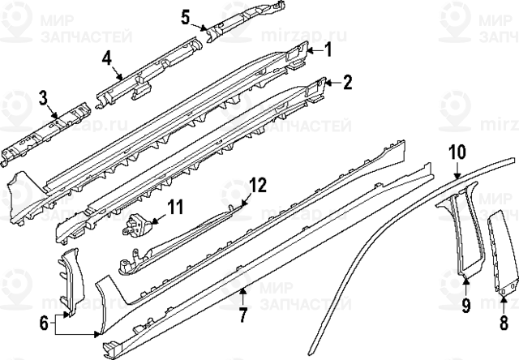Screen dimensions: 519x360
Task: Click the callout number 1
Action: pos(329,50)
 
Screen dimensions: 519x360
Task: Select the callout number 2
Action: pos(348,82)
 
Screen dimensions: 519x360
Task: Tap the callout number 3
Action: pos(42,100)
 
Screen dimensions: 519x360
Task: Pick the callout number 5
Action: pos(185,16)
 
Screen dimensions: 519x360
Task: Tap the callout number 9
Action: pos(465,305)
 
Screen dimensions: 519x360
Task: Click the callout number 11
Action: pos(175,210)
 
